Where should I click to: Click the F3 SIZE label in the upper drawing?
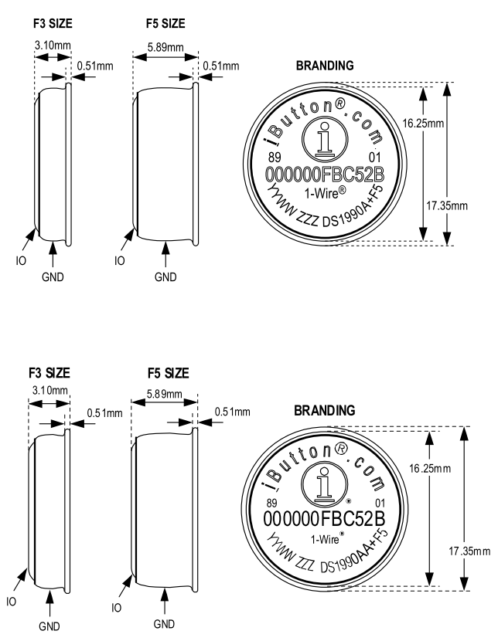52,24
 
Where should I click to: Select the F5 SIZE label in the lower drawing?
167,374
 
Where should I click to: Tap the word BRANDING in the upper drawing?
325,66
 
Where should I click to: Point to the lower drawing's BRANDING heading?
325,410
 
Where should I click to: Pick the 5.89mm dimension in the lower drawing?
165,394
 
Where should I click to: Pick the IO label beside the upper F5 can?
120,261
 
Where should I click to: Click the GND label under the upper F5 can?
165,276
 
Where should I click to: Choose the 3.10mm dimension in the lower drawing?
49,392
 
